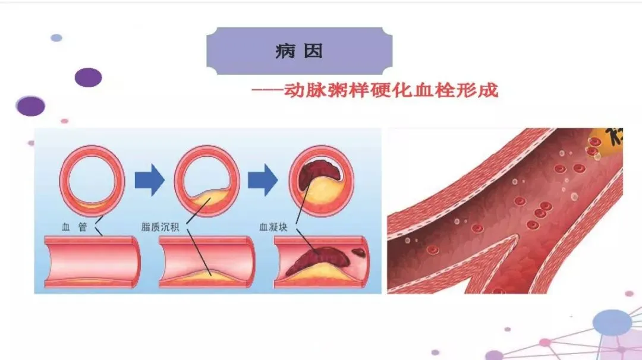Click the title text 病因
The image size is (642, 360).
tap(299, 51)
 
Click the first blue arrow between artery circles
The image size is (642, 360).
tap(149, 181)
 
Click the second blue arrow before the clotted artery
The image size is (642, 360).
tap(263, 181)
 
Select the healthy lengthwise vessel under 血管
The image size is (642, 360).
tap(92, 261)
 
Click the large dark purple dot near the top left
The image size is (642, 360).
tap(88, 77)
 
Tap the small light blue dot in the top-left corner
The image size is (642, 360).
tap(56, 38)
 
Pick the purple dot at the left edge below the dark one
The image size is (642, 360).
tap(30, 106)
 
